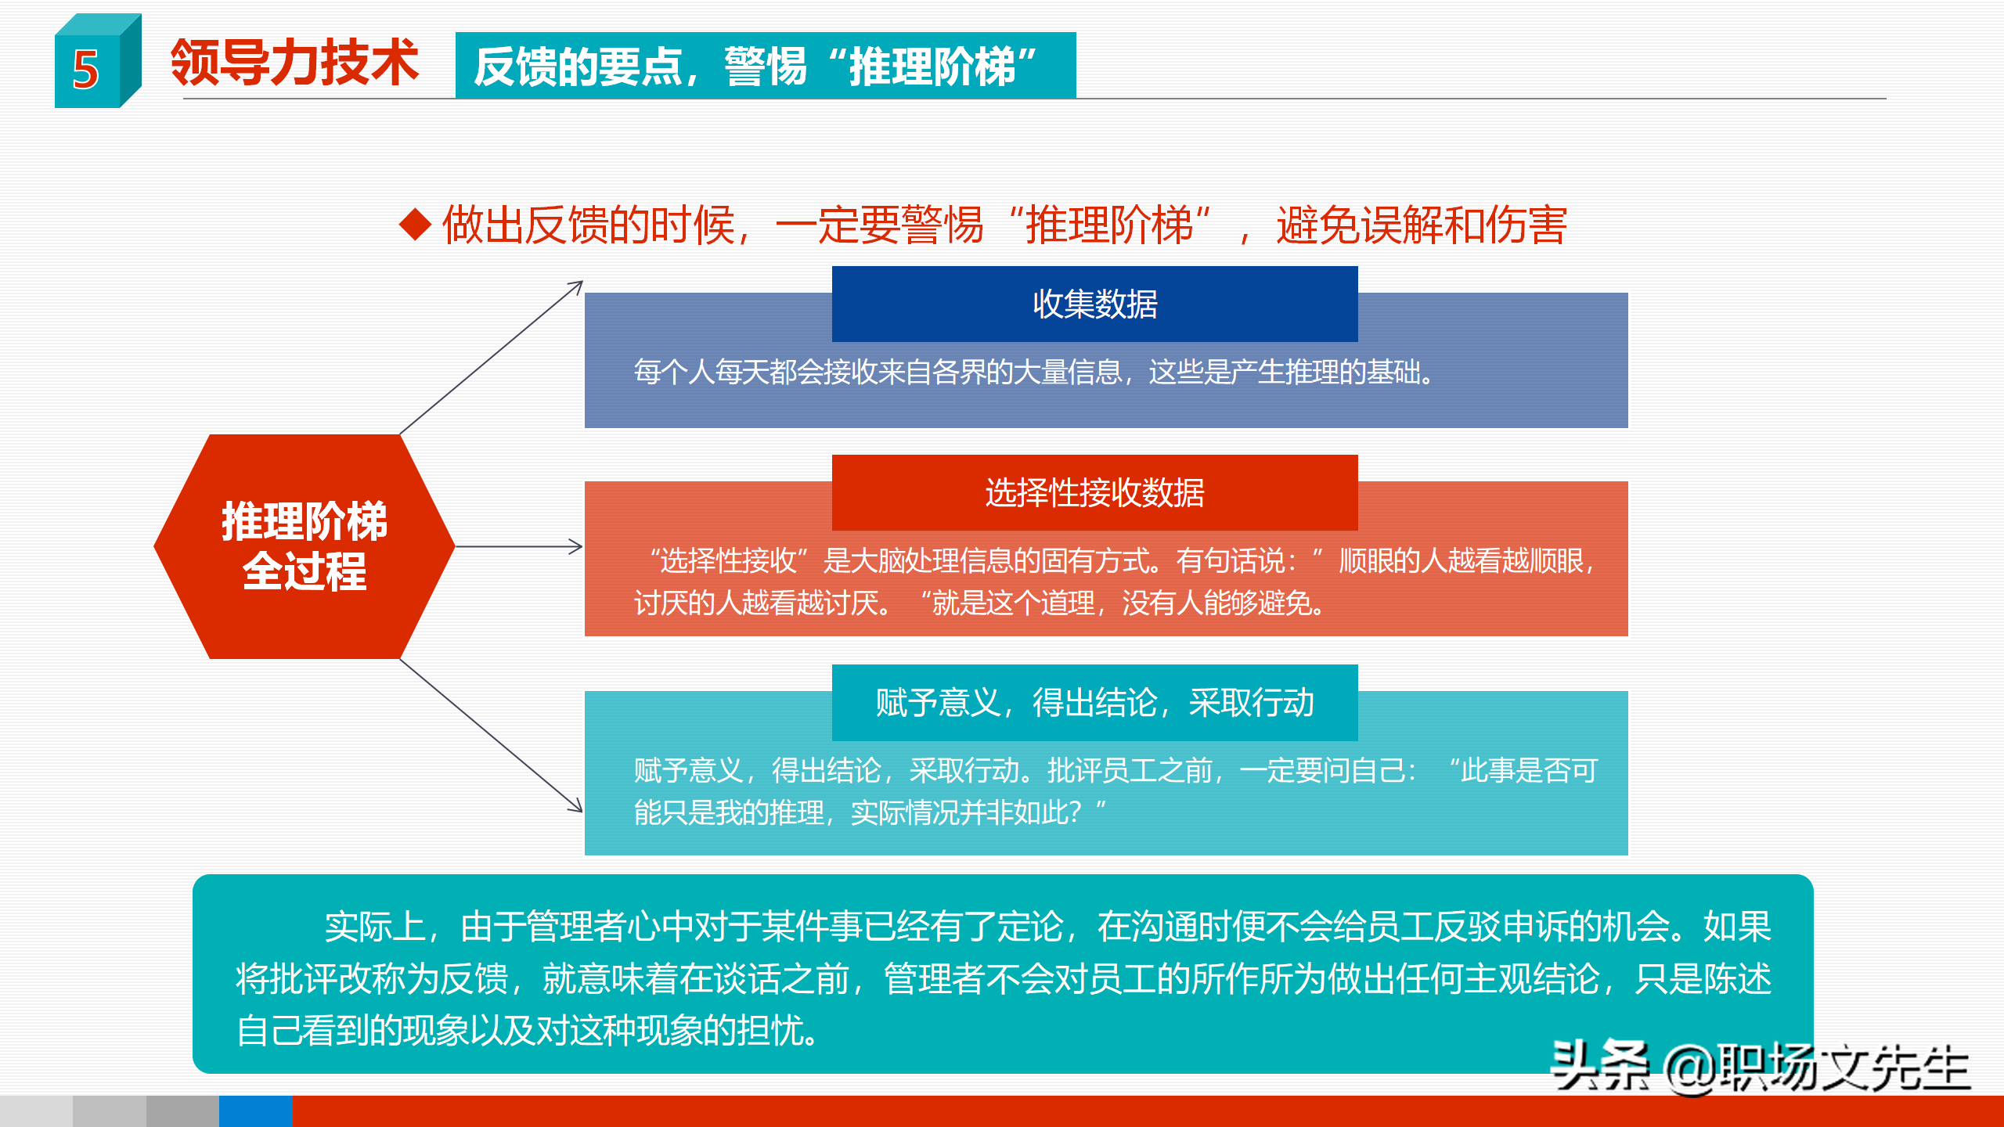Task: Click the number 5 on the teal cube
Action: [86, 70]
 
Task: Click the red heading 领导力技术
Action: [294, 63]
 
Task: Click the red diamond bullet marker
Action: [415, 225]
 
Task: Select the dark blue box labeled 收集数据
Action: [1094, 304]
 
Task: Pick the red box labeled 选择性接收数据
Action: [1094, 492]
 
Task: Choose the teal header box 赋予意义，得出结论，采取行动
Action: [1094, 702]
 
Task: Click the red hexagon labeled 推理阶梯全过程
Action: [304, 545]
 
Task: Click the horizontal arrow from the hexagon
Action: [517, 546]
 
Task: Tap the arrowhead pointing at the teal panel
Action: [575, 805]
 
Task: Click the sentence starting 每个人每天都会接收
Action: [1033, 372]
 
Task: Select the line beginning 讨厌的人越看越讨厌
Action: [979, 603]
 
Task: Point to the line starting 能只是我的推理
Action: [869, 812]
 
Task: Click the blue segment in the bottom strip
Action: [255, 1111]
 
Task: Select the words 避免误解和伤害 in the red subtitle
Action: [1421, 225]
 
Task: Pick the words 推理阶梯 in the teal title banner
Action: [932, 67]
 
